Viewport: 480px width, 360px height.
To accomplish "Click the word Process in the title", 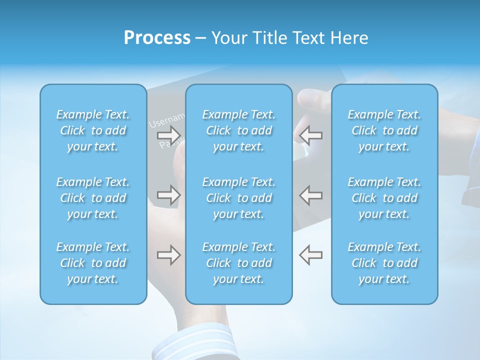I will tap(157, 38).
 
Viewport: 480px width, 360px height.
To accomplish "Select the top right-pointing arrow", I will tap(168, 135).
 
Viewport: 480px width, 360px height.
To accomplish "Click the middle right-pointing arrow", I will tap(168, 195).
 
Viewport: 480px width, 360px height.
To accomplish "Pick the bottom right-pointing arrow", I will tap(168, 255).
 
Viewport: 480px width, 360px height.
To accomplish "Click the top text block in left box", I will tap(93, 130).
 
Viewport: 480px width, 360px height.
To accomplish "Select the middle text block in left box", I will tap(93, 198).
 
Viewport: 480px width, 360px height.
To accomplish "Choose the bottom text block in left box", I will tap(93, 263).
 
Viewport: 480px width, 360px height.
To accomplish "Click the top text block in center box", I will tap(239, 130).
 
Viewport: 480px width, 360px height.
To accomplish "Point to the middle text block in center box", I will tap(239, 198).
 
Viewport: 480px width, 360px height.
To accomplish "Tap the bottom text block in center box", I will tap(239, 263).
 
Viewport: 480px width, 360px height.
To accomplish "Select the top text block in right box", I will tap(384, 130).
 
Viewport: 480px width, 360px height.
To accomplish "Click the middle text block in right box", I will tap(384, 198).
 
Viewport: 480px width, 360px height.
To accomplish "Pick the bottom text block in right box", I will tap(384, 263).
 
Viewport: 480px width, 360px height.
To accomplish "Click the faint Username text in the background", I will tap(167, 120).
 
